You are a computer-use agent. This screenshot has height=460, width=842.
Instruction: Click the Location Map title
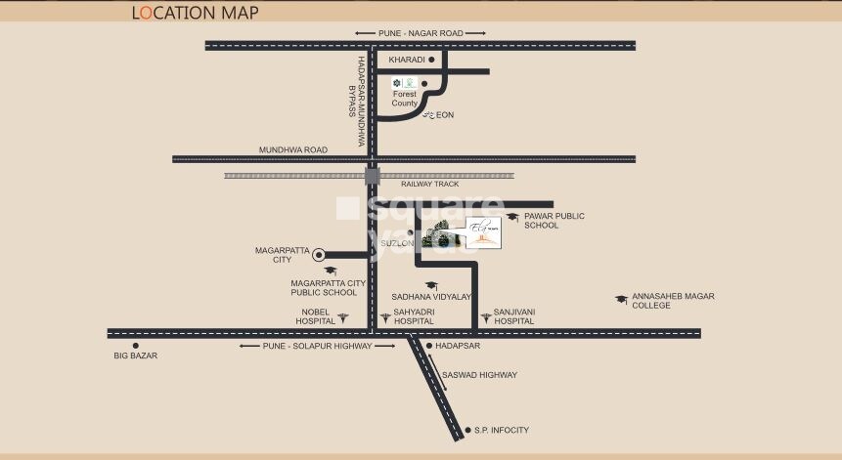click(195, 13)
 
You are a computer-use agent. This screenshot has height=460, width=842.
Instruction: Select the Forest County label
click(404, 99)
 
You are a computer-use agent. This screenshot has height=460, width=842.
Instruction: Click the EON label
click(445, 115)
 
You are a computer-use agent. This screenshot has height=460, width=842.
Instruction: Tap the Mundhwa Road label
click(293, 149)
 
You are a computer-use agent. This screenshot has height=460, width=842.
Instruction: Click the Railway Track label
click(429, 184)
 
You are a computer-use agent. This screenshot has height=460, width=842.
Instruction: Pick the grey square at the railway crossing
click(372, 177)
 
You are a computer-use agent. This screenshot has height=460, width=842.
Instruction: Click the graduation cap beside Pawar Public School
click(512, 217)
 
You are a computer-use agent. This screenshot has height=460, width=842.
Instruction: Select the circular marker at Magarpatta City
click(318, 254)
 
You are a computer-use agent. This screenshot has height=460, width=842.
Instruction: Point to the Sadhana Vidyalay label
click(431, 295)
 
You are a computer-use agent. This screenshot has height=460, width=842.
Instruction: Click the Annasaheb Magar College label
click(673, 300)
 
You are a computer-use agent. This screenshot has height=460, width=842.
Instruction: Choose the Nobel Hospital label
click(318, 315)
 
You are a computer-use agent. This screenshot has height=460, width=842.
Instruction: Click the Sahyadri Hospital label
click(414, 315)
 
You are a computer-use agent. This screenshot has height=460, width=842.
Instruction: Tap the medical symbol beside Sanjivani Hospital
click(485, 317)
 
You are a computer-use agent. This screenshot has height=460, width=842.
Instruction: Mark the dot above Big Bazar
click(136, 345)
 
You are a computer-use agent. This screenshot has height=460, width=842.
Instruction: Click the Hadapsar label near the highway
click(457, 346)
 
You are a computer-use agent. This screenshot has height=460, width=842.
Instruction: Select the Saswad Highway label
click(479, 375)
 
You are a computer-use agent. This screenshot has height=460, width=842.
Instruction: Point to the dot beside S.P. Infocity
click(466, 429)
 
